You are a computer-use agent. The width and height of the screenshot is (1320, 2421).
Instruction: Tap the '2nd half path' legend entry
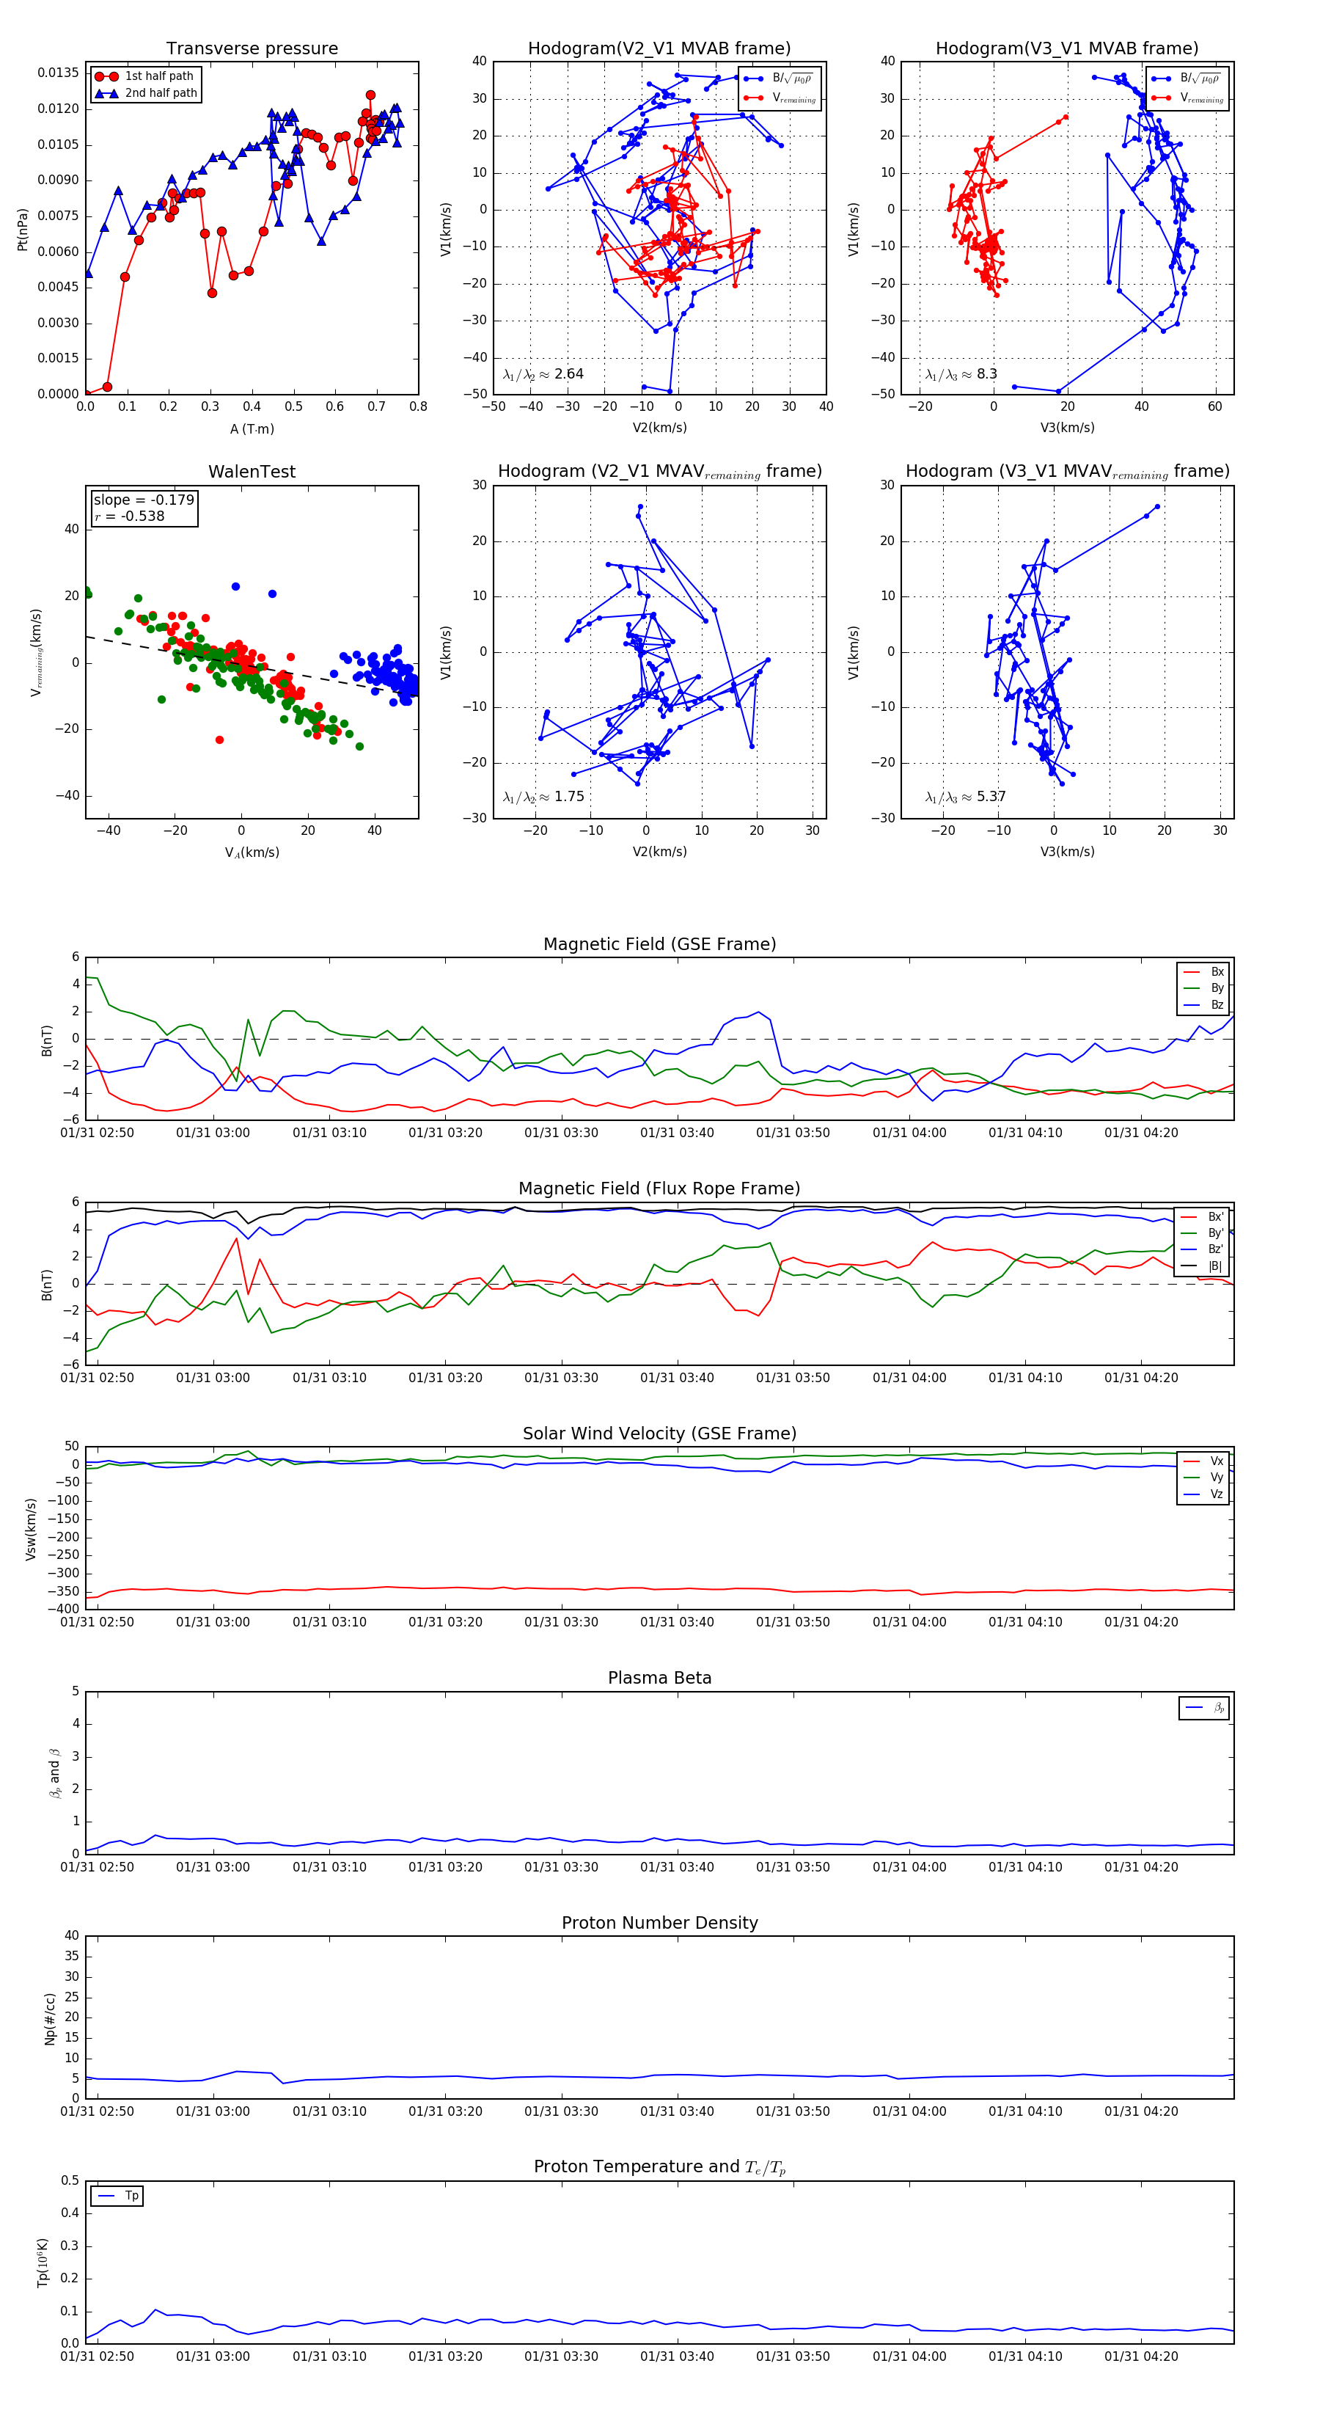pos(161,93)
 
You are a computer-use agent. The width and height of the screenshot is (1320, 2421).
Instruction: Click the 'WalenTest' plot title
pos(252,472)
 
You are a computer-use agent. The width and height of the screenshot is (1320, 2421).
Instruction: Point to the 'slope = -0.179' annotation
pos(144,500)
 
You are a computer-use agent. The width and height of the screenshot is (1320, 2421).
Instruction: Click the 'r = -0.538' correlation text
pos(130,516)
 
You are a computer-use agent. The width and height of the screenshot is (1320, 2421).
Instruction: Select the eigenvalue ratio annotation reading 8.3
pos(960,374)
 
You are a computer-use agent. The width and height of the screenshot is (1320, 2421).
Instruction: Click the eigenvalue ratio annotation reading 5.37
pos(965,797)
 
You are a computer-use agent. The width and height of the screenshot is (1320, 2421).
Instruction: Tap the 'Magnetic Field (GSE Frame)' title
pos(659,944)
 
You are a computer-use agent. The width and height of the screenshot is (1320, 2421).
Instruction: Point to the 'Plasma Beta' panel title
pos(659,1679)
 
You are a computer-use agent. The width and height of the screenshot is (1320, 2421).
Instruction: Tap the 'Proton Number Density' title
pos(659,1923)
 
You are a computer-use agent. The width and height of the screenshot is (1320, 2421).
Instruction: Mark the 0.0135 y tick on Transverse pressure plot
pos(58,73)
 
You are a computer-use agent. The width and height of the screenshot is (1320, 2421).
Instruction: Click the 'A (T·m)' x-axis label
pos(252,428)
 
